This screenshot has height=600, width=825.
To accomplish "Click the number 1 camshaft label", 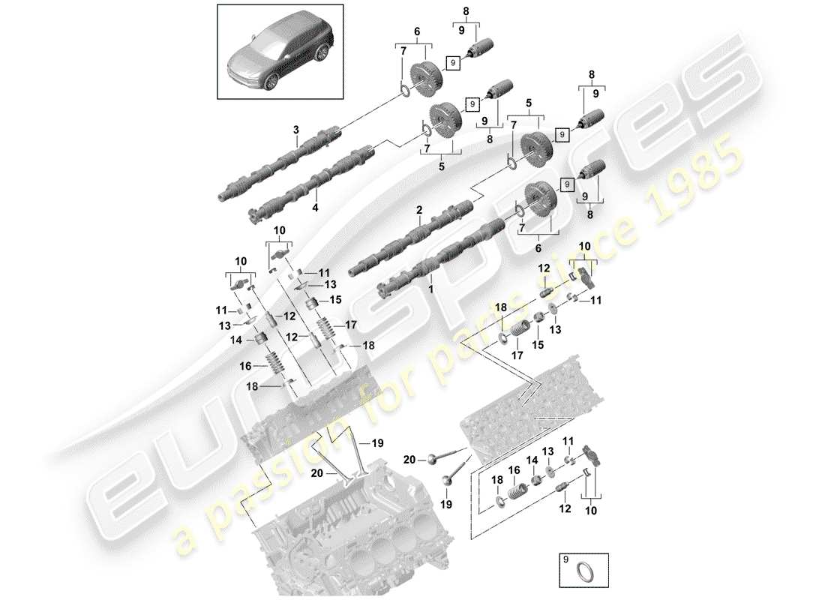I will pyautogui.click(x=430, y=287).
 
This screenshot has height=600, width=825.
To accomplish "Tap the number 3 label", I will pyautogui.click(x=295, y=130).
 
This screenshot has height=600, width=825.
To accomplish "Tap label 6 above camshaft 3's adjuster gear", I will pyautogui.click(x=418, y=32).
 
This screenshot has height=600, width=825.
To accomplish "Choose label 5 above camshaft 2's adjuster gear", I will pyautogui.click(x=529, y=101).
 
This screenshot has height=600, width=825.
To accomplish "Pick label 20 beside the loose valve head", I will pyautogui.click(x=409, y=459).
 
